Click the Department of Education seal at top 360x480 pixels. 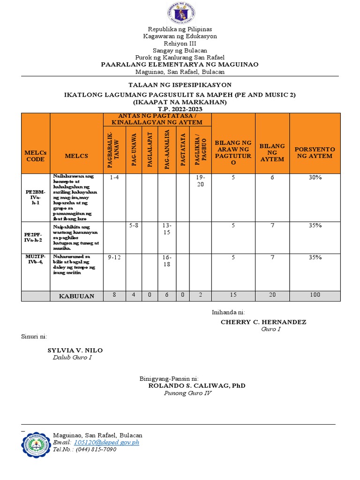[180, 14]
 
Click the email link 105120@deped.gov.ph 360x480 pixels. [106, 442]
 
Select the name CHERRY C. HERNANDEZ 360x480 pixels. [263, 322]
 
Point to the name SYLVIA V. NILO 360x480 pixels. [75, 351]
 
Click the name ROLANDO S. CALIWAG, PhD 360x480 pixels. [196, 386]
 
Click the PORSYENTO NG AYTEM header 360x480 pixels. [315, 152]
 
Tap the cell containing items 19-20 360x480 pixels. [200, 180]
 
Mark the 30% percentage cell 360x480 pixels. [315, 178]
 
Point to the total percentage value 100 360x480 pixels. [315, 295]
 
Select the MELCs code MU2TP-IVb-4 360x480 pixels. [36, 261]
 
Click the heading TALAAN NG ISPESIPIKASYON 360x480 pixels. [180, 85]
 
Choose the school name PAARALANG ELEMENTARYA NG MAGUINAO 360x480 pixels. [180, 64]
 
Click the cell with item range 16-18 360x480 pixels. [167, 261]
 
